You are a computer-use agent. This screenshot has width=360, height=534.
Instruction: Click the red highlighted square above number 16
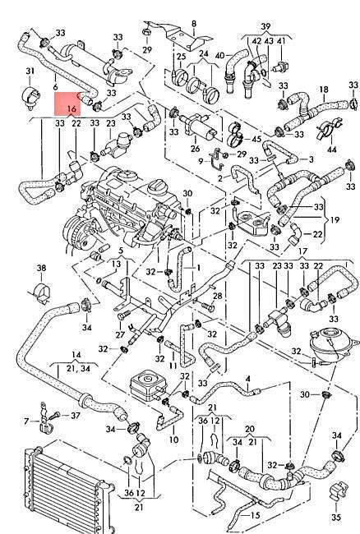tap(67, 104)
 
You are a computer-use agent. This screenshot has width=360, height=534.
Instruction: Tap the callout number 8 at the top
tap(194, 24)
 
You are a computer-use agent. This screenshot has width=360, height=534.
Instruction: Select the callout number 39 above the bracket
tap(266, 26)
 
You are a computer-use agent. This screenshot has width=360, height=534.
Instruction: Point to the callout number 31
tap(30, 71)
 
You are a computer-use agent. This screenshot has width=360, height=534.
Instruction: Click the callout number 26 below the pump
tap(195, 149)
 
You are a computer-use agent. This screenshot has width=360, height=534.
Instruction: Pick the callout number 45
tap(256, 139)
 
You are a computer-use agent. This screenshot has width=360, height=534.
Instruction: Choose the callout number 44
tap(332, 150)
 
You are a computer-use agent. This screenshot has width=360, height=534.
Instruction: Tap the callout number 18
tap(324, 90)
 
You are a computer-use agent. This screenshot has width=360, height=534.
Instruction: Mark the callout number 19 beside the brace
tap(335, 219)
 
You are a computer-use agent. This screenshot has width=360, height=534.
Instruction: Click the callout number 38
tap(41, 268)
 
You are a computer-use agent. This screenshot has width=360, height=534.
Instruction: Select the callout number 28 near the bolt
tap(217, 296)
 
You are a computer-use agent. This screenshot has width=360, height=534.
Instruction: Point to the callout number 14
tap(76, 355)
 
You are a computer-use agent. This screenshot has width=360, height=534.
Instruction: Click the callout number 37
tap(76, 416)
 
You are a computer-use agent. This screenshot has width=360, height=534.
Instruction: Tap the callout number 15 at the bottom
tap(255, 515)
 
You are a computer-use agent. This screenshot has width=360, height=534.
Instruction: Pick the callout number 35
tap(336, 517)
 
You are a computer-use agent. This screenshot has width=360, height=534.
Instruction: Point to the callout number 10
tap(173, 440)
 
